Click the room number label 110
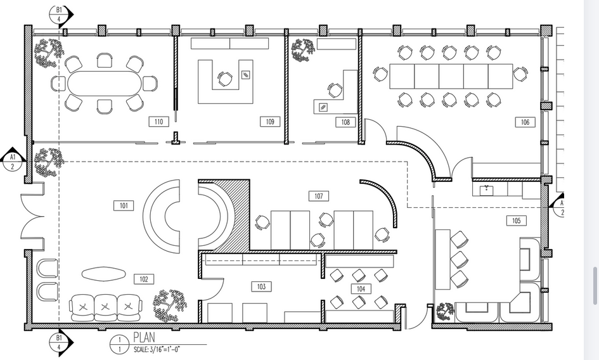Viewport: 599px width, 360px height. pyautogui.click(x=158, y=122)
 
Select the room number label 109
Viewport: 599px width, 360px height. pyautogui.click(x=270, y=122)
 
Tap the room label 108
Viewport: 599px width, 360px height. pyautogui.click(x=345, y=122)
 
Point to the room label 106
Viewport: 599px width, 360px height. pyautogui.click(x=525, y=122)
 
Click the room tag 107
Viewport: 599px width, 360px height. pyautogui.click(x=319, y=196)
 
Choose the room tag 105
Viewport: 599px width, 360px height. pyautogui.click(x=516, y=221)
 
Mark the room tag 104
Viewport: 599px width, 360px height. pyautogui.click(x=361, y=288)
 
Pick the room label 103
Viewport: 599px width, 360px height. pyautogui.click(x=261, y=287)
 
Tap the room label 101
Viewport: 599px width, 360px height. pyautogui.click(x=124, y=205)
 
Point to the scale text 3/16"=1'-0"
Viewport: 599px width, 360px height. pyautogui.click(x=157, y=349)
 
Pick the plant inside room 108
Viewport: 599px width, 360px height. pyautogui.click(x=302, y=49)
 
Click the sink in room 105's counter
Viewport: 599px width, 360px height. pyautogui.click(x=487, y=190)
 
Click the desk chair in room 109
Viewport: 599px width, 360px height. pyautogui.click(x=224, y=79)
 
